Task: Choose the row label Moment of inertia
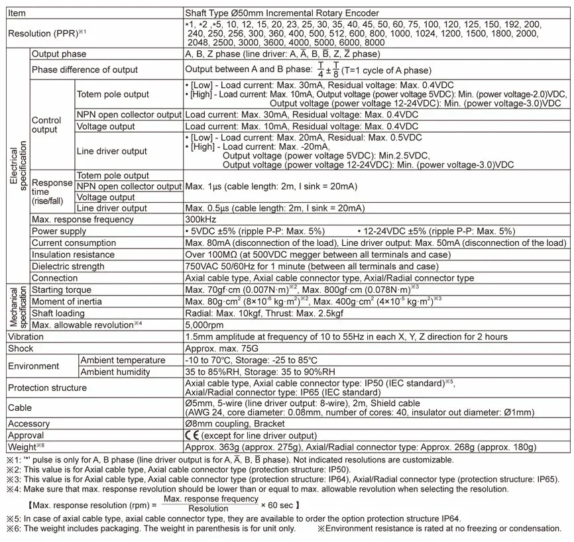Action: point(65,301)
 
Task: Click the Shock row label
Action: point(21,349)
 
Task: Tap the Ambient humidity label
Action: point(115,372)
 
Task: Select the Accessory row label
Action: point(29,423)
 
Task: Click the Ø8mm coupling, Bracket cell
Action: point(235,423)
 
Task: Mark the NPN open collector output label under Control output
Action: point(129,114)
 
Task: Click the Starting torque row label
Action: point(61,290)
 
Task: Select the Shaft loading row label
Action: point(59,313)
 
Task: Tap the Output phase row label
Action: point(59,54)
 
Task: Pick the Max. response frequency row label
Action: point(83,219)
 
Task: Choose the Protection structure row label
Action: point(46,388)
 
